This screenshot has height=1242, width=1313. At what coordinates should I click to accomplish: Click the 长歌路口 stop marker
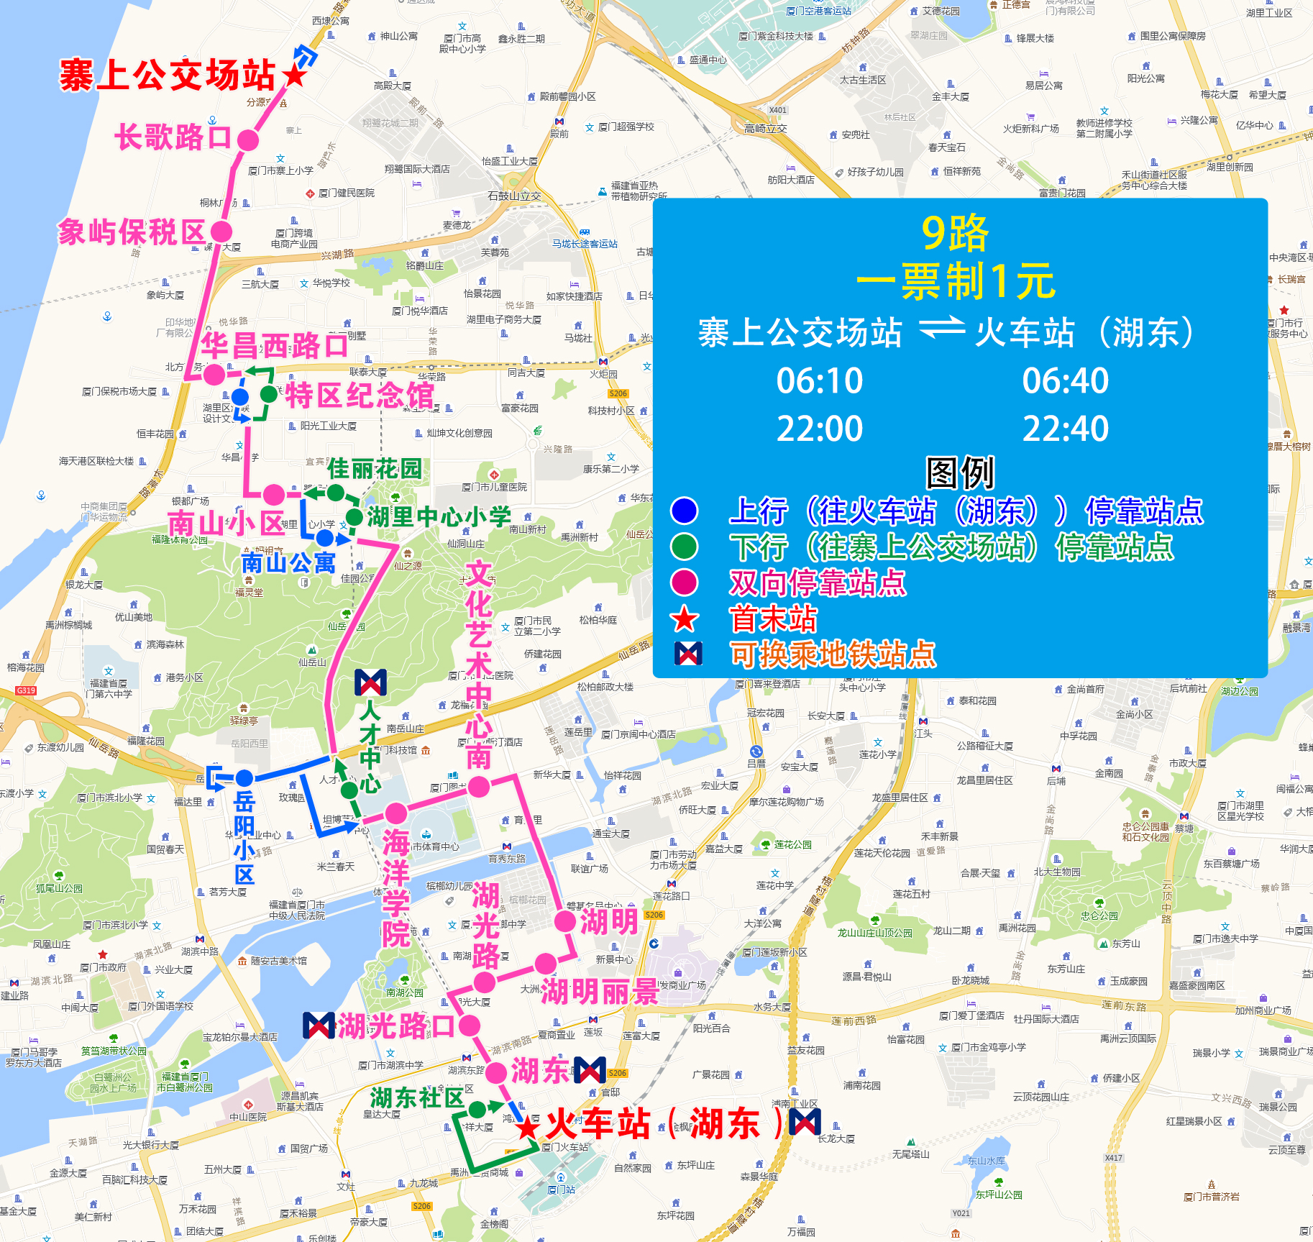pyautogui.click(x=247, y=140)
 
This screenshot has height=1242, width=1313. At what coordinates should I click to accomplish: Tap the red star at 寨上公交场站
pyautogui.click(x=294, y=75)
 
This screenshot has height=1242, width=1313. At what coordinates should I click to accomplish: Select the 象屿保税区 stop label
pyautogui.click(x=132, y=232)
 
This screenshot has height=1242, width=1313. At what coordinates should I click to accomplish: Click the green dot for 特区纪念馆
pyautogui.click(x=269, y=394)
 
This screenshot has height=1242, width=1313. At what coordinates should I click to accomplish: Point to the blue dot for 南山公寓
pyautogui.click(x=325, y=537)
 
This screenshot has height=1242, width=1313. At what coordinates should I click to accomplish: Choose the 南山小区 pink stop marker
pyautogui.click(x=273, y=495)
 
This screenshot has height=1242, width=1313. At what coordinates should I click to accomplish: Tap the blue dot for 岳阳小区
pyautogui.click(x=244, y=777)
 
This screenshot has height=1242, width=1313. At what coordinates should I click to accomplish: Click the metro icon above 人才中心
pyautogui.click(x=370, y=682)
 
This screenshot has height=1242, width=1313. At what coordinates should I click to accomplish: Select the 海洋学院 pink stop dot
pyautogui.click(x=395, y=813)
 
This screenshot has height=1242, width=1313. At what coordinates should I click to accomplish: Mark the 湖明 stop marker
pyautogui.click(x=565, y=921)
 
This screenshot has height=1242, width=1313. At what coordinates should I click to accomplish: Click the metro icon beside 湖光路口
pyautogui.click(x=319, y=1026)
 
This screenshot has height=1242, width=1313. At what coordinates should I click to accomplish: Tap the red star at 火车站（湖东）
pyautogui.click(x=529, y=1127)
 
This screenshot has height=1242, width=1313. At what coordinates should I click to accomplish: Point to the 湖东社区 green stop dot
pyautogui.click(x=477, y=1110)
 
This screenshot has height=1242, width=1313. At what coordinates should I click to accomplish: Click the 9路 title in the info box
pyautogui.click(x=956, y=233)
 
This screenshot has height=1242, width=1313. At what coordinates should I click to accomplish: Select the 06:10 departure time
pyautogui.click(x=820, y=380)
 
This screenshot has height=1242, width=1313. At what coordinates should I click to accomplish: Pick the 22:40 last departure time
pyautogui.click(x=1066, y=429)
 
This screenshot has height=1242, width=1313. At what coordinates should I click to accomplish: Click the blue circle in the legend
pyautogui.click(x=684, y=511)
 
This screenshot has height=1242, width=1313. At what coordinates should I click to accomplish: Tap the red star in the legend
pyautogui.click(x=684, y=618)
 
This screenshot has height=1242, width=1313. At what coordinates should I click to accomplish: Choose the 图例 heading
pyautogui.click(x=960, y=473)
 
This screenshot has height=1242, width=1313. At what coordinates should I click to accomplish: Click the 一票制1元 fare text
pyautogui.click(x=956, y=281)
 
